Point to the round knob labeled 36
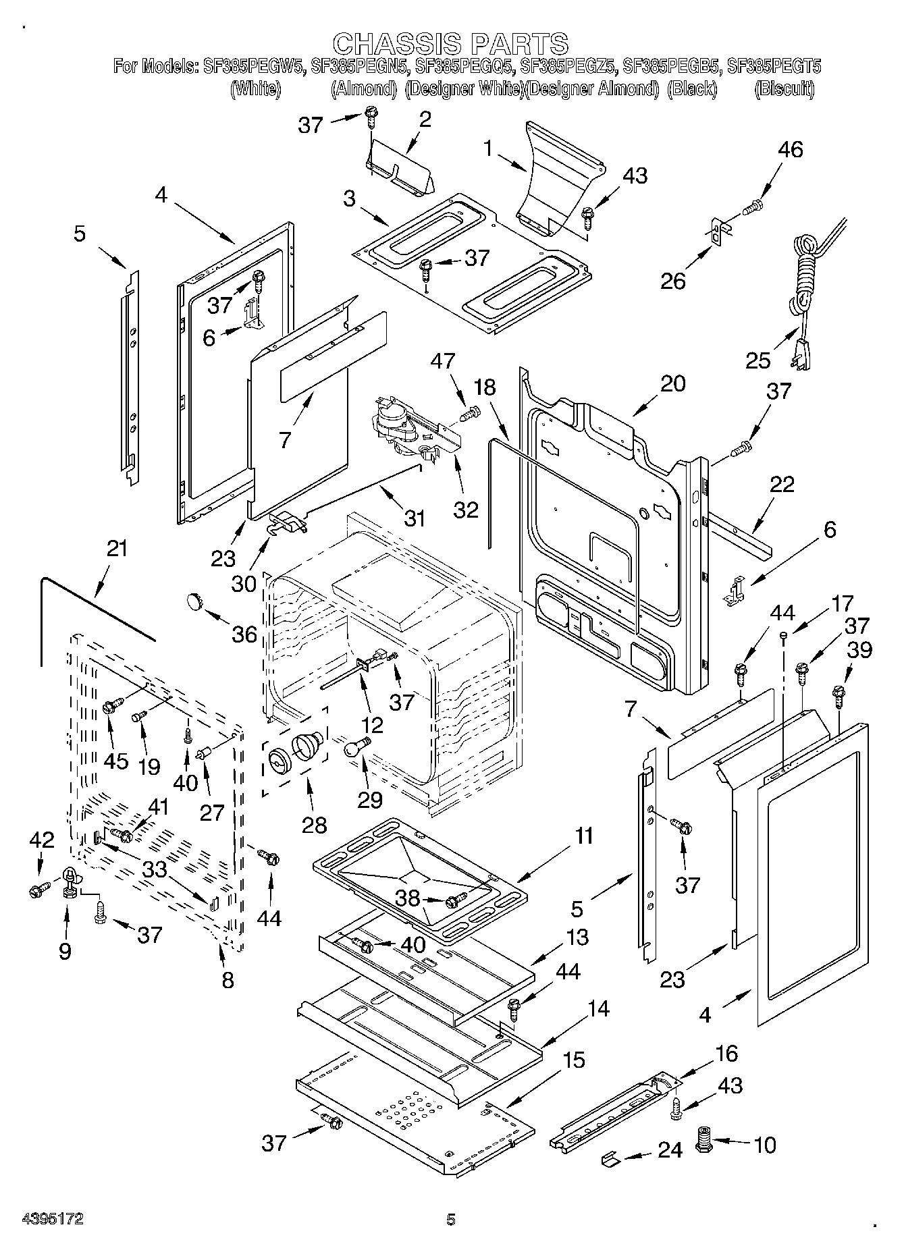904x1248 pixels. [x=196, y=599]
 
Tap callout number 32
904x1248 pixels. [x=466, y=509]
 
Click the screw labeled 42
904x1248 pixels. [x=38, y=890]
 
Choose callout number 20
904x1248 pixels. [x=672, y=383]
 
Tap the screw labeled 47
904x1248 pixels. [x=471, y=411]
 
